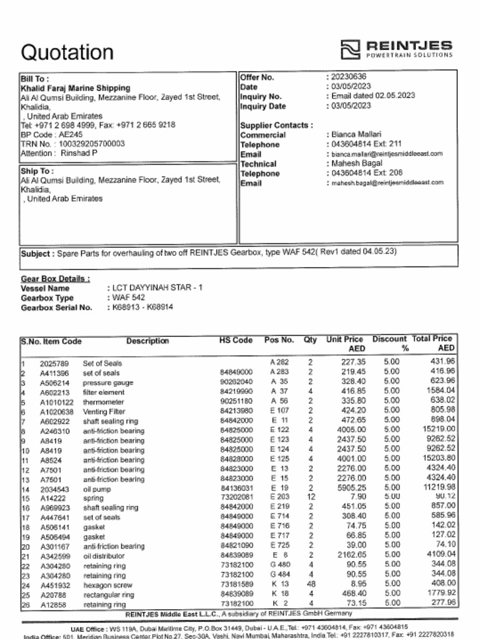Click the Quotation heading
[67, 52]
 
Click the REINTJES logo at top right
[397, 49]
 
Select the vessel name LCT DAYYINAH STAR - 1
[157, 288]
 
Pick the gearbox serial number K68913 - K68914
[143, 307]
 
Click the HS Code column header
[236, 341]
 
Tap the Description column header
[147, 341]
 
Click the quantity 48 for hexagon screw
[310, 585]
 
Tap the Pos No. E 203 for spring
[279, 497]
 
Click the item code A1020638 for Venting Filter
[57, 412]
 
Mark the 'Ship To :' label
[37, 171]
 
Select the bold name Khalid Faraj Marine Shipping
[75, 89]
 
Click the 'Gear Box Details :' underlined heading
[56, 279]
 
